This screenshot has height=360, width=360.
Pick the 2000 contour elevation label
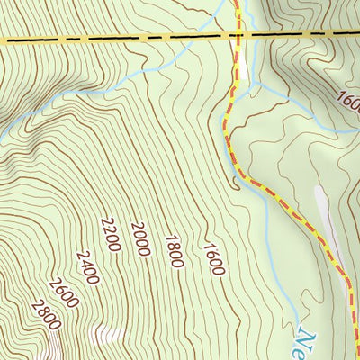[x=139, y=238]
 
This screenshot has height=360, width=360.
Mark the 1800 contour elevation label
[x=174, y=251]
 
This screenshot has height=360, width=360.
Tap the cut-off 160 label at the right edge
[x=347, y=97]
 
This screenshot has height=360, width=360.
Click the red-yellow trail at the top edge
[x=238, y=4]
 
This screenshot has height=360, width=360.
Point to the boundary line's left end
[x=3, y=40]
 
